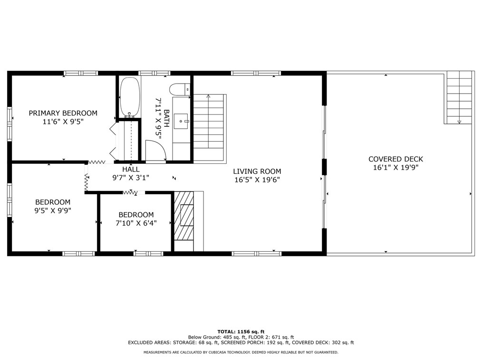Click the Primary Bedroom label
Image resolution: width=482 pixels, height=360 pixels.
(x=63, y=113)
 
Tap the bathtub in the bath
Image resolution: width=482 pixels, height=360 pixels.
(x=129, y=97)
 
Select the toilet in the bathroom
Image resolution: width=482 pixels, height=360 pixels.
(x=180, y=89)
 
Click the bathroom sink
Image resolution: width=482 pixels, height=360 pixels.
(x=181, y=121)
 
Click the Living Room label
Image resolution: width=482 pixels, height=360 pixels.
(x=257, y=171)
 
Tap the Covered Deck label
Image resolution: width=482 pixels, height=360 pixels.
(x=395, y=159)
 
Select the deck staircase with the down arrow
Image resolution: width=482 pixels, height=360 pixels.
(x=459, y=97)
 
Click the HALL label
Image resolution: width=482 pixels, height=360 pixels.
(x=131, y=169)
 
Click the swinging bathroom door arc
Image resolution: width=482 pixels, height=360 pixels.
(x=156, y=152)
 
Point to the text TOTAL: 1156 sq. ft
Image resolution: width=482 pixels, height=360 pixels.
(x=241, y=332)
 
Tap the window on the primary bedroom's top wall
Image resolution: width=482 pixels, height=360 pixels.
(x=81, y=73)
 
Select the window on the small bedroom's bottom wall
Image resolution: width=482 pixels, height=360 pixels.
(x=142, y=254)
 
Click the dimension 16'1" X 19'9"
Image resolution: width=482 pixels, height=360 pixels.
(x=395, y=167)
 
